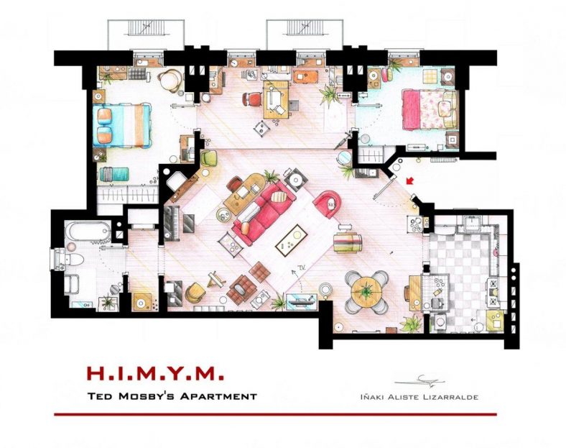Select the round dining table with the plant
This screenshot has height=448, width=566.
coord(367,291)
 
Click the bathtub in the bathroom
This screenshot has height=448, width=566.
coord(86,232)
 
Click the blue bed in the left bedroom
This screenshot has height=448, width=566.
coord(123,124)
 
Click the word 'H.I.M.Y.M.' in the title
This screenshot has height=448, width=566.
coord(154,374)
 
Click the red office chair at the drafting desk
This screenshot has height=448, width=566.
coord(250,101)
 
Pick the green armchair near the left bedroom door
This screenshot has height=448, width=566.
coord(208,157)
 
